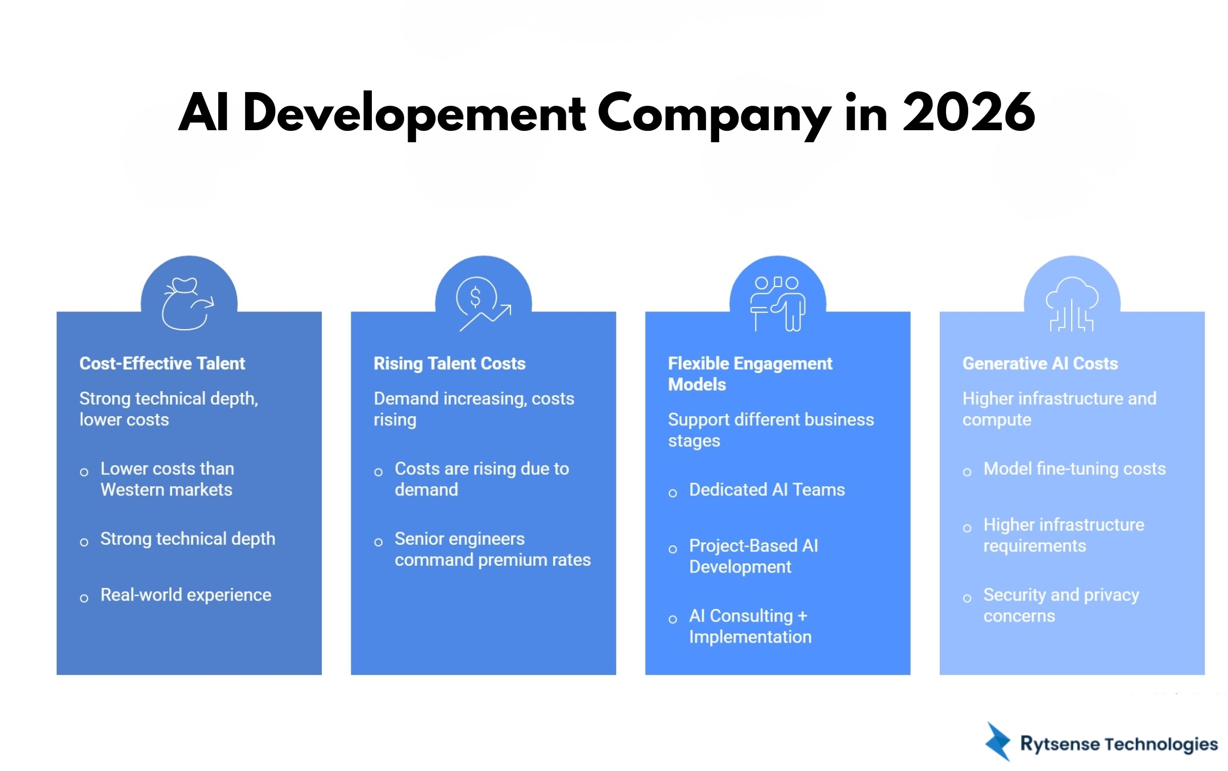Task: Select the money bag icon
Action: tap(188, 304)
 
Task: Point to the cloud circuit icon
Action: tap(1072, 304)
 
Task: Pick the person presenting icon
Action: tap(777, 304)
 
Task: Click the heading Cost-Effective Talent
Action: tap(162, 363)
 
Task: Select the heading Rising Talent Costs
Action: tap(449, 363)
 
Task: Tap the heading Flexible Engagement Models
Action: tap(749, 374)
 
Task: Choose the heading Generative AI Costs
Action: tap(1040, 363)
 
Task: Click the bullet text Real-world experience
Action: tap(186, 595)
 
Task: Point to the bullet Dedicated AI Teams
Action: tap(767, 490)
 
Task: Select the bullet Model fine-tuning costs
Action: tap(1074, 469)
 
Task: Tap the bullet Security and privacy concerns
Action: tap(1061, 605)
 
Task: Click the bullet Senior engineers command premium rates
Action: tap(492, 549)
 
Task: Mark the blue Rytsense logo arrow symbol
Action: tap(998, 741)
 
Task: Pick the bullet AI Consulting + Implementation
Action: tap(750, 626)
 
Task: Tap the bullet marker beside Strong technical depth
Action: tap(84, 542)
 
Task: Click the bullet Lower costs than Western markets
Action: tap(167, 479)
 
